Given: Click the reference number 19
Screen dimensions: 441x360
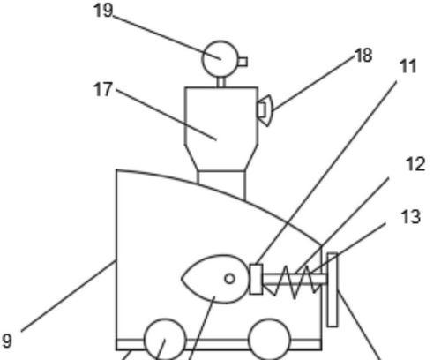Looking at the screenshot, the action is [103, 11].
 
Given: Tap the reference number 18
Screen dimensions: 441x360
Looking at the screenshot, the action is [363, 56].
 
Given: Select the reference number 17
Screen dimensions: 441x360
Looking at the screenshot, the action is [103, 89].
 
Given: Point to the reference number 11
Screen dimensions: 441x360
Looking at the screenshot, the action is [408, 66].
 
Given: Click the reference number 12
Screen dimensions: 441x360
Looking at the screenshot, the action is [415, 164].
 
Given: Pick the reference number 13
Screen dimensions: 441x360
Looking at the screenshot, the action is [411, 217].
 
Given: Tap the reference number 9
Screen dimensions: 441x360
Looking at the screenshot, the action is [7, 341].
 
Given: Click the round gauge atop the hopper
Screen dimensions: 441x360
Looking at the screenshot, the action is [220, 59].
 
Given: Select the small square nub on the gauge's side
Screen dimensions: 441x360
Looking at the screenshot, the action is [243, 62].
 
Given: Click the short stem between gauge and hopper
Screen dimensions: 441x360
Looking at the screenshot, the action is [221, 82].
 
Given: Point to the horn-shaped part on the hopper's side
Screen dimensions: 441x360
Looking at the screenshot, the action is [265, 110].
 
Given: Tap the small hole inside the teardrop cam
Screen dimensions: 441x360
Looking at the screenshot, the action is [229, 279].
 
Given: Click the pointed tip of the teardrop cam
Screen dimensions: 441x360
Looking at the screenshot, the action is [181, 279].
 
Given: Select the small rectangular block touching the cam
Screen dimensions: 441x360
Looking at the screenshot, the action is [256, 279].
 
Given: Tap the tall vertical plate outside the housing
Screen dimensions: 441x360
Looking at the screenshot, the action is [333, 289].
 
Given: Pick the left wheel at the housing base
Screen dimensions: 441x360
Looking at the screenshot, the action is [165, 340].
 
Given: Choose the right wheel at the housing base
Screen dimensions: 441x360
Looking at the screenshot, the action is [269, 340].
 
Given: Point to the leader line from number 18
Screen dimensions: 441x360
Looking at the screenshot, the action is [313, 84].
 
